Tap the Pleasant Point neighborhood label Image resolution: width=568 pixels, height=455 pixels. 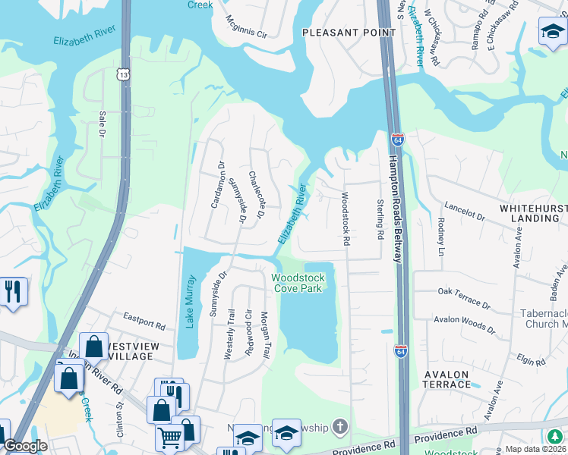(x=349, y=33)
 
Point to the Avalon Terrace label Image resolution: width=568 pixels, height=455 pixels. (x=447, y=379)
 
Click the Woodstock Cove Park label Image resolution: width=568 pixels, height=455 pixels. (x=298, y=283)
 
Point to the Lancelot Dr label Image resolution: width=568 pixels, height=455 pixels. (x=465, y=211)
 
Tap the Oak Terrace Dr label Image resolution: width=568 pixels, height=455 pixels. (x=465, y=297)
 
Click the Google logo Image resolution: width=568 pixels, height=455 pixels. (x=25, y=447)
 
